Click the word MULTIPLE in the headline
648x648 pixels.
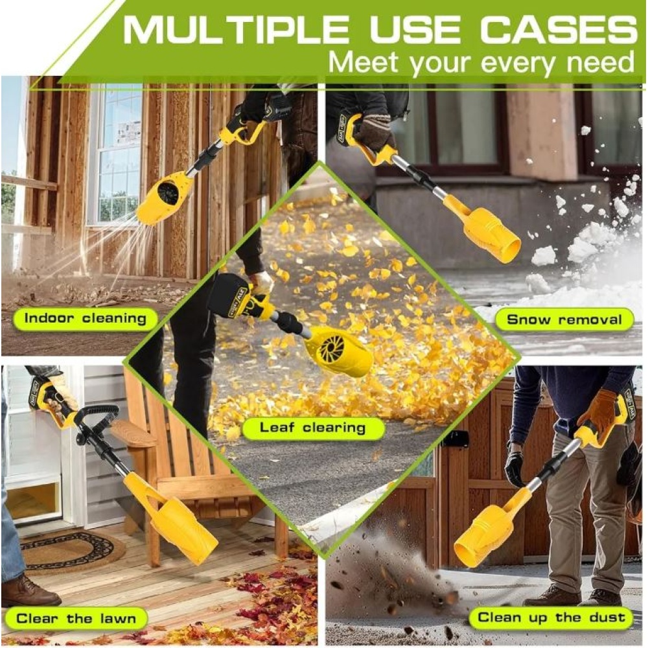(x=236, y=30)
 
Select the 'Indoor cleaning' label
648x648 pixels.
(x=86, y=319)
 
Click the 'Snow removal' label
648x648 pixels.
(x=564, y=319)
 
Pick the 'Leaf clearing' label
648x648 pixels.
(x=313, y=428)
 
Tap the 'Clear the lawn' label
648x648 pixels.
(x=76, y=619)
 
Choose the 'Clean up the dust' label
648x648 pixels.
(x=551, y=618)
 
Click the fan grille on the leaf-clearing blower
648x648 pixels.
(x=331, y=346)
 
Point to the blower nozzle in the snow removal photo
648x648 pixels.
(x=489, y=232)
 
